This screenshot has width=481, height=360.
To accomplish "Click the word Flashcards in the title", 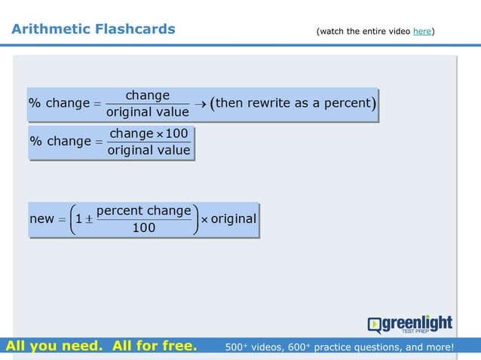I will [x=135, y=29].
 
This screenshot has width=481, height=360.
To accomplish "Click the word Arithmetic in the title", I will [x=51, y=29].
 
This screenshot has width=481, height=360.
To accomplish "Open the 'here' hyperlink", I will [x=421, y=31].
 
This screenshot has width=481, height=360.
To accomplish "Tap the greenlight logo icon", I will [x=375, y=324].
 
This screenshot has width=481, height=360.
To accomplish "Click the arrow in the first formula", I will [x=200, y=103].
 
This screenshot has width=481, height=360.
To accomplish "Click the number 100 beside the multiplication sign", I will [x=176, y=134].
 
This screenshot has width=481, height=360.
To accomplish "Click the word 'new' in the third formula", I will [x=41, y=219].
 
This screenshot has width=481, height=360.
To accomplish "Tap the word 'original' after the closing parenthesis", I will [x=234, y=219].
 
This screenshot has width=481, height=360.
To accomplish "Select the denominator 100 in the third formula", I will [x=143, y=227].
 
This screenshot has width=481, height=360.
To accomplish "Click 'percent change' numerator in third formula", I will [x=143, y=211].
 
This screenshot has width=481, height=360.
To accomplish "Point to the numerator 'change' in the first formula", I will [x=147, y=96].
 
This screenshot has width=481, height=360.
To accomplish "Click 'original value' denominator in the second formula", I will [x=149, y=150].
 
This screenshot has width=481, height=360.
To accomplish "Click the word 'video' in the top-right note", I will [x=397, y=31].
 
